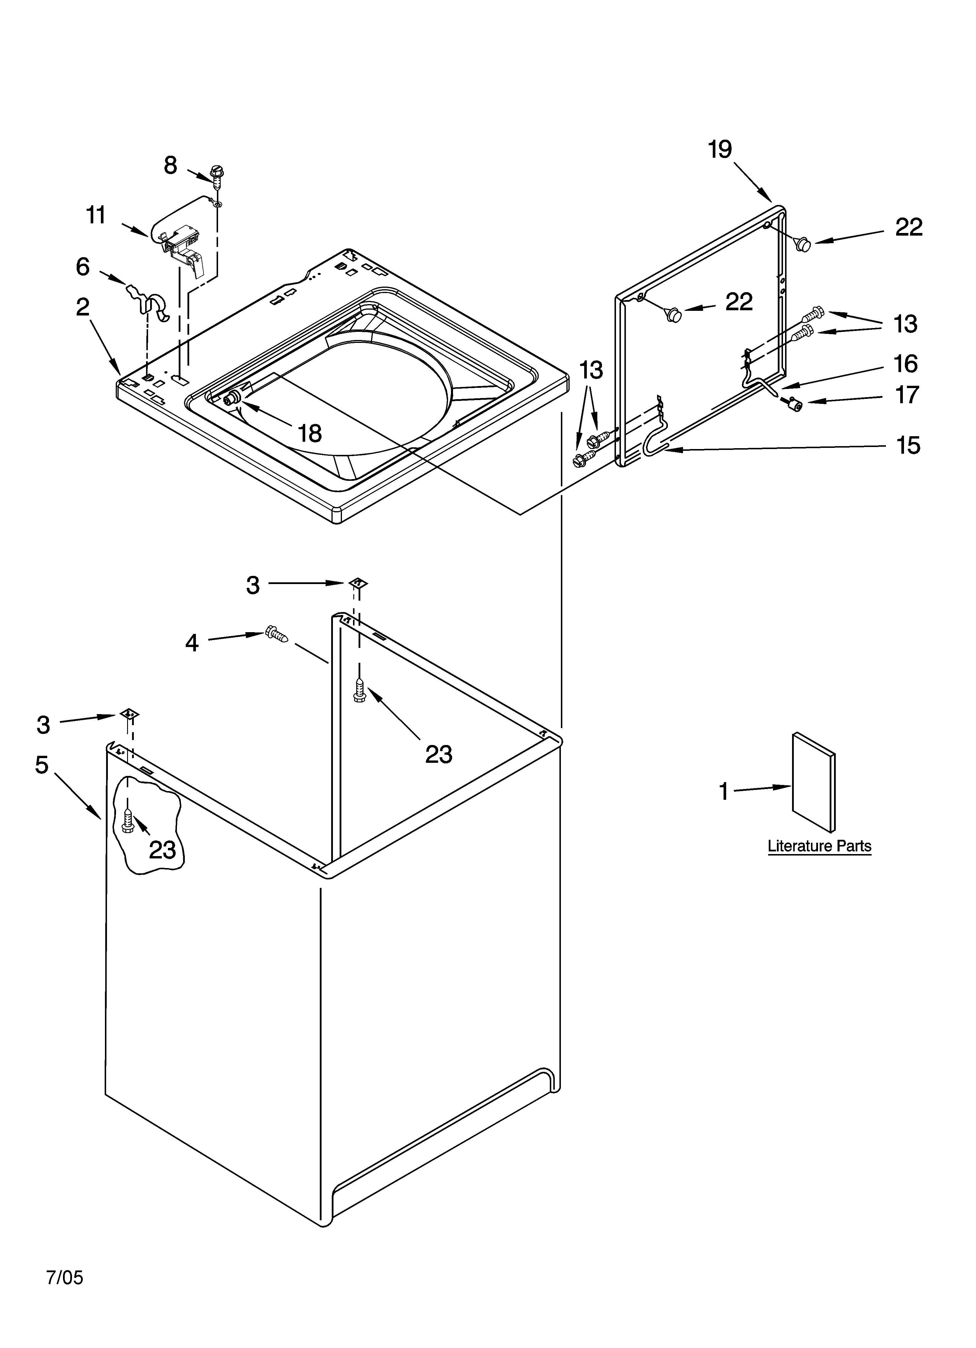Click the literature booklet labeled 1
coord(813,781)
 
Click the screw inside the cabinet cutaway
coord(127,820)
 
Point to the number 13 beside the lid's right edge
coord(905,324)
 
